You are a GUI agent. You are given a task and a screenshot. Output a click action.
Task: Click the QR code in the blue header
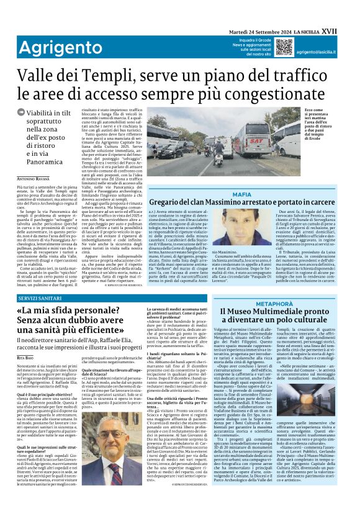tap(284, 46)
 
